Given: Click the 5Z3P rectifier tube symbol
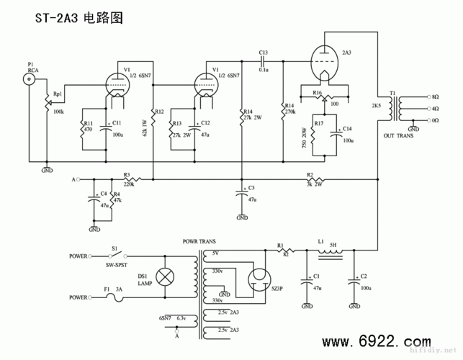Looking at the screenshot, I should (x=257, y=277).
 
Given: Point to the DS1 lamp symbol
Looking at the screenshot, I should (x=163, y=276).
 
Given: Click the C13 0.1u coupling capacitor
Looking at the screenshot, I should (x=263, y=60).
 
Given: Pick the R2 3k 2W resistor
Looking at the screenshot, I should (x=315, y=179).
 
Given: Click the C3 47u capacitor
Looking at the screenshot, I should (x=242, y=193).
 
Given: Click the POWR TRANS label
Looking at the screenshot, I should (x=199, y=242).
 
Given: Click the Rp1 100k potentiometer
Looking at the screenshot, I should (x=48, y=107).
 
